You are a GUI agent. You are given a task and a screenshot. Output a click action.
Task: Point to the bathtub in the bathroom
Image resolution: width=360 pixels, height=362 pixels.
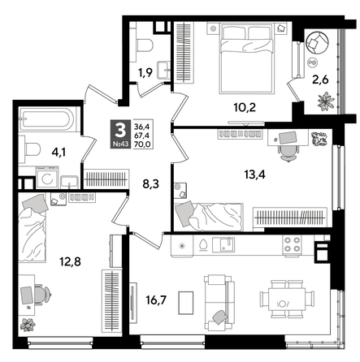[46, 119]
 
